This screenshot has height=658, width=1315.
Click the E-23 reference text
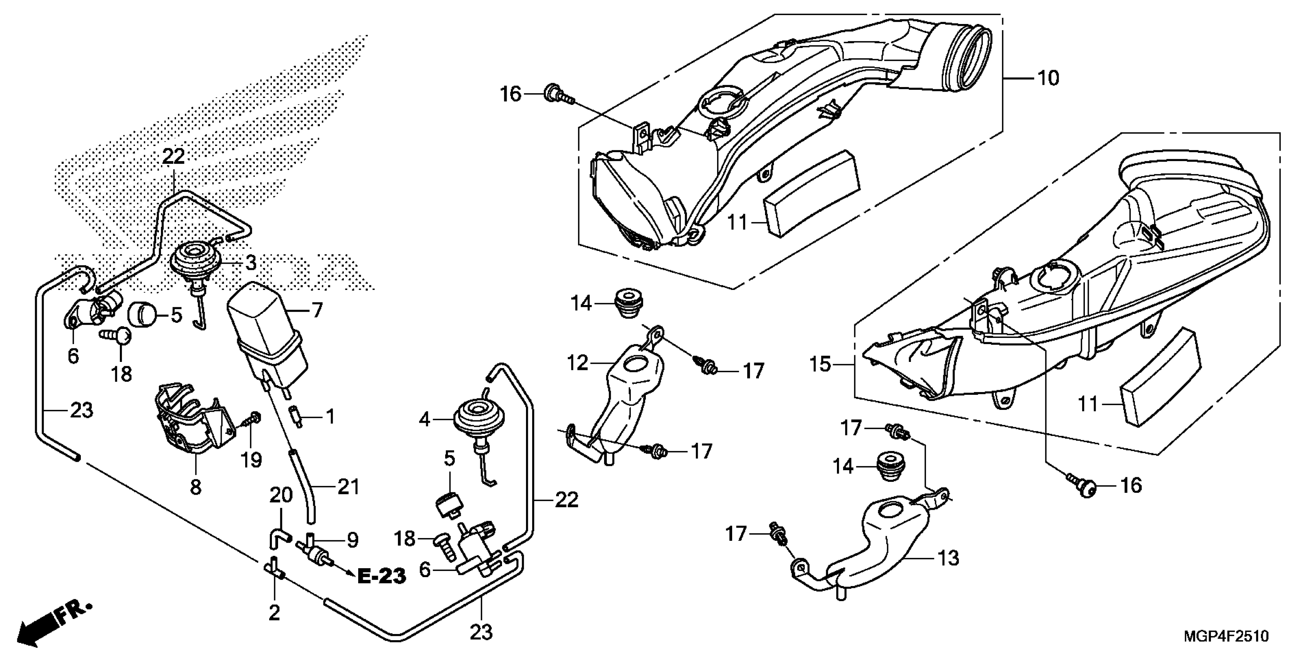(381, 576)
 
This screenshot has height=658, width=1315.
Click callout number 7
(317, 310)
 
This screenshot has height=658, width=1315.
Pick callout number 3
(250, 264)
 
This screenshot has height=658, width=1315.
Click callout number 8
(196, 487)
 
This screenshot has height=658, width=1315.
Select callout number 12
(578, 363)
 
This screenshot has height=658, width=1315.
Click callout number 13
(948, 559)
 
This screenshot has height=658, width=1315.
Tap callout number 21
(349, 487)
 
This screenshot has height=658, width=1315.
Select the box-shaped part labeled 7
(265, 332)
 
